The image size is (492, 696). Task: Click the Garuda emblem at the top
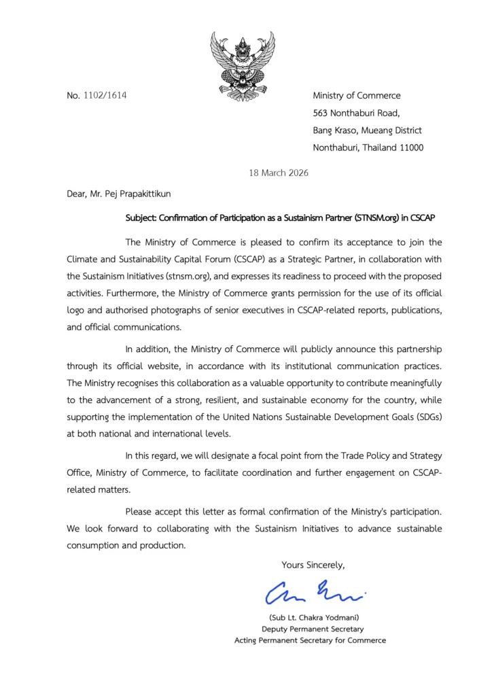tap(243, 66)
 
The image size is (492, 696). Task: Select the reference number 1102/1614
tap(105, 96)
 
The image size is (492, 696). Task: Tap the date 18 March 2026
tap(280, 173)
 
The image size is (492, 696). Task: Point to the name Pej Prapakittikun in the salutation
tap(132, 194)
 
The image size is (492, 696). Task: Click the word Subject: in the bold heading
tap(143, 217)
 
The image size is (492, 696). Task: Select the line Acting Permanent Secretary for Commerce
tap(310, 640)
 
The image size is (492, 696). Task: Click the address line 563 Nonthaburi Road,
tap(356, 113)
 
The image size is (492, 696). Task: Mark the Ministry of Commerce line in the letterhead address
tap(356, 96)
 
